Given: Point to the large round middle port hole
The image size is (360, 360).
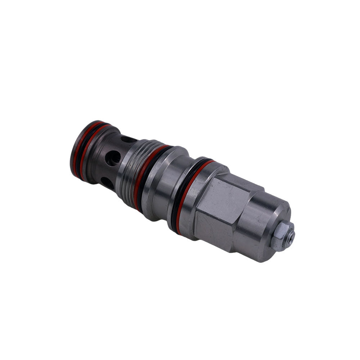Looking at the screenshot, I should pos(113,158).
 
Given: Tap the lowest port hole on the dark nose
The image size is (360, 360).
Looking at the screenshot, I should pos(107,183).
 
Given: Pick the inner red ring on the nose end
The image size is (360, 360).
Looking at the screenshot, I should pos(84,151).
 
